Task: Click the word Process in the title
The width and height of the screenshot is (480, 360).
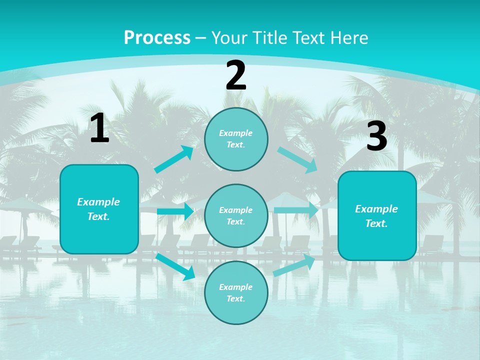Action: tap(157, 37)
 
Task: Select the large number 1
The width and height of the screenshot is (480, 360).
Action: tap(99, 128)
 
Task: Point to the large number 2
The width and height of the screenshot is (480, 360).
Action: tap(236, 75)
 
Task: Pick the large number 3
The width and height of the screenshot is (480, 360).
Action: tap(376, 136)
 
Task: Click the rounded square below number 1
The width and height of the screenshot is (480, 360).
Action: tap(99, 209)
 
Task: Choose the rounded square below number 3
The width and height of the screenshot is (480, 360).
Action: tap(377, 216)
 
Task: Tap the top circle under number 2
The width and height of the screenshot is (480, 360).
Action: tap(236, 139)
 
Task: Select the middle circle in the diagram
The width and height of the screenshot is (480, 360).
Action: tap(236, 216)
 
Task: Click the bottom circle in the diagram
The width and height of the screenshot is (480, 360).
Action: tap(236, 293)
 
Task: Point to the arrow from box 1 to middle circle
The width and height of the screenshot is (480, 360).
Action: tap(175, 211)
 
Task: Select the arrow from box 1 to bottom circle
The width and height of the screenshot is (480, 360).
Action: tap(175, 266)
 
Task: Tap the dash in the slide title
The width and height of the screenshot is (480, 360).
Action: tap(201, 38)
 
